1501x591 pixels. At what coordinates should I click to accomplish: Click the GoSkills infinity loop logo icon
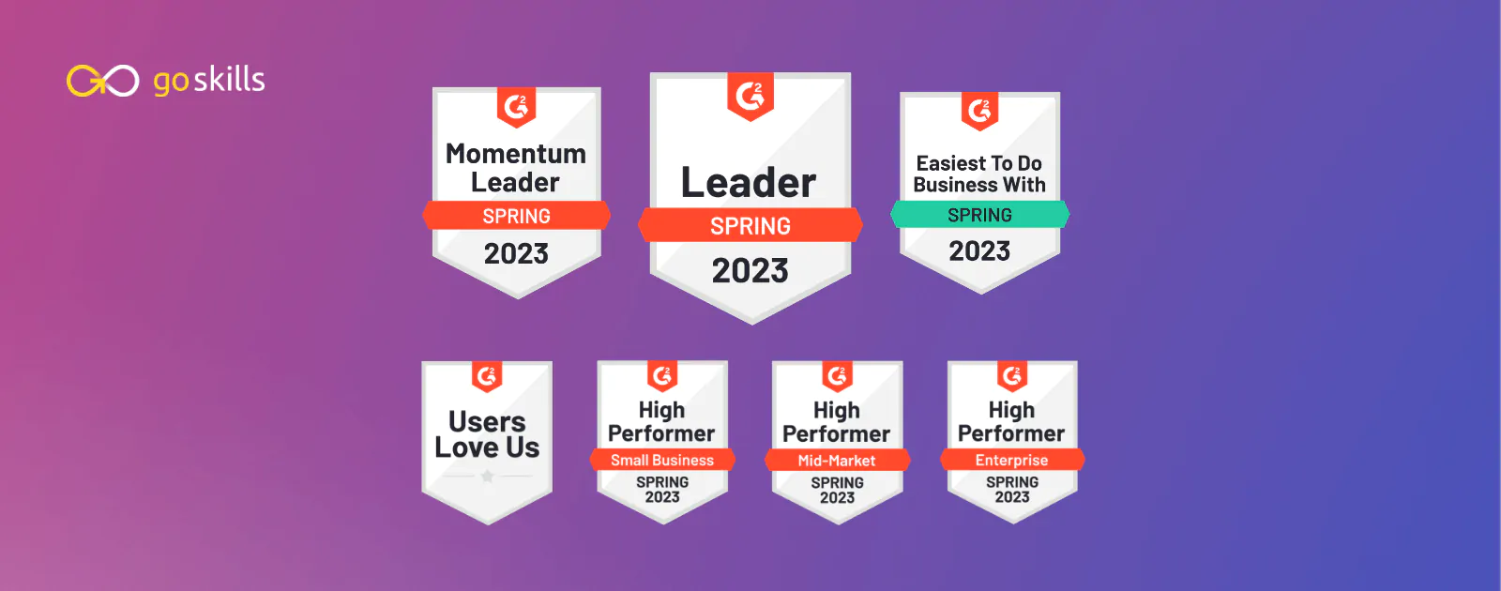point(102,81)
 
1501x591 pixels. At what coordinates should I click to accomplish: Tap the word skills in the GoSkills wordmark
point(229,79)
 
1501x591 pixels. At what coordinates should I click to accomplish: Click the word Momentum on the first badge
point(516,154)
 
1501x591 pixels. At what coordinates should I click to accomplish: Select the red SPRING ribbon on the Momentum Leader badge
point(517,216)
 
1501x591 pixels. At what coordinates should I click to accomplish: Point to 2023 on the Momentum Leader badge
point(517,254)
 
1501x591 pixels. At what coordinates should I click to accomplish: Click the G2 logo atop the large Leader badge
point(750,97)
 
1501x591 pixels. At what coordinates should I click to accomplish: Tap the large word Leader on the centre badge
point(749,182)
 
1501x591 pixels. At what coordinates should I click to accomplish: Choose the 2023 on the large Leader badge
point(750,271)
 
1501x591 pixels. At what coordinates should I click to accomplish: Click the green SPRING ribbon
point(979,215)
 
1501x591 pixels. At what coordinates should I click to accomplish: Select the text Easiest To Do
point(979,163)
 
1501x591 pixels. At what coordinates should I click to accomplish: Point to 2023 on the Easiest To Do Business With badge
point(979,251)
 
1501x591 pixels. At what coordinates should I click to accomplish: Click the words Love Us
point(487,447)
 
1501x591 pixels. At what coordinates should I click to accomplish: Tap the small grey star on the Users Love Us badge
point(487,477)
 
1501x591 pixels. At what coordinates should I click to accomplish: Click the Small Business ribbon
point(662,461)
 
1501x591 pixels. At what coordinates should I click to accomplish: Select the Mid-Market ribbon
point(837,461)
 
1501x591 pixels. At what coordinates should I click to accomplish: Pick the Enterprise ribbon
point(1012,461)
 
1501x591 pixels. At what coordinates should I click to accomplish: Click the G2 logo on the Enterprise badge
point(1012,376)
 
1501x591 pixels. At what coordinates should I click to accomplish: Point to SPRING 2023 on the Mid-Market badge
point(837,490)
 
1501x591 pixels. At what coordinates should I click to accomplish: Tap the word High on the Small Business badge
point(661,410)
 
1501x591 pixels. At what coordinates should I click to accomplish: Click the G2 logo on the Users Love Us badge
point(487,376)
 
